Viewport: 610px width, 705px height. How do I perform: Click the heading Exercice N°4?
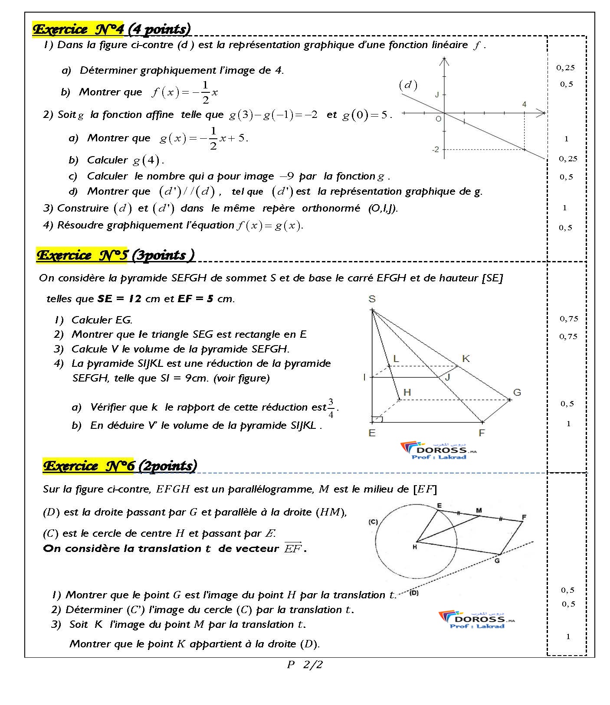coord(78,29)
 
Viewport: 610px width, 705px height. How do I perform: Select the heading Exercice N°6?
coord(89,466)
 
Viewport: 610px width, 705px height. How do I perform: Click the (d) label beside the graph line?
coord(408,85)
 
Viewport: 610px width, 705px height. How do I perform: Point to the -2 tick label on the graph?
coord(435,150)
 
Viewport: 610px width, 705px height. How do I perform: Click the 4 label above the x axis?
coord(524,104)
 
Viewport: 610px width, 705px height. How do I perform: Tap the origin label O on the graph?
coord(438,118)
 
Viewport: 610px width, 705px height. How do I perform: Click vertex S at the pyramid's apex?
coord(372,299)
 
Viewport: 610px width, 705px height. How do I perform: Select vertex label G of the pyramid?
coord(517,392)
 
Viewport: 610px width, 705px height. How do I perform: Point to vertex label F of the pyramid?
coord(481,433)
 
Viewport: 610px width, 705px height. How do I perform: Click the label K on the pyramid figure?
coord(466,359)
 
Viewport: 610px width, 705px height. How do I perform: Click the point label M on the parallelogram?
coord(479,510)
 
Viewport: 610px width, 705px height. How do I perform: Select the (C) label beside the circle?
coord(373,522)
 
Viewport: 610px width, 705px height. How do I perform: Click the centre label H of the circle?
coord(414,547)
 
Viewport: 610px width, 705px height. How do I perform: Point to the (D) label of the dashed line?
coord(413,592)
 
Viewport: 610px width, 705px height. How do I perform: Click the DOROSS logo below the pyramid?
coord(438,450)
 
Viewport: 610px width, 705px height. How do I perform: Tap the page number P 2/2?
coord(305,664)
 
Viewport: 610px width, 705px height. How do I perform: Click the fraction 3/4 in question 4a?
coord(331,408)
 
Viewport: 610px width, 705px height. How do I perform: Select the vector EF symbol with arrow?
coord(292,548)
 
